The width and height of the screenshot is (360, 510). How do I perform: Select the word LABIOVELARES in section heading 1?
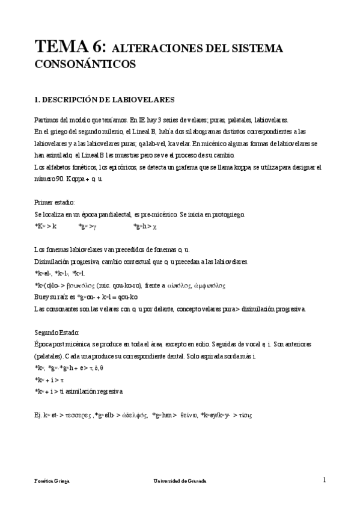[144, 99]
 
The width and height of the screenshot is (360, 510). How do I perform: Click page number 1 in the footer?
[325, 480]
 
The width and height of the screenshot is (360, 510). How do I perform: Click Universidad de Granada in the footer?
[180, 481]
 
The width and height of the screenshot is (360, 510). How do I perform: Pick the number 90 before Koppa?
[59, 179]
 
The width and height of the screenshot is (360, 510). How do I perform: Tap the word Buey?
[42, 297]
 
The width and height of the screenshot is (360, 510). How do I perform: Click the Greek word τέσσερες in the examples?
[79, 415]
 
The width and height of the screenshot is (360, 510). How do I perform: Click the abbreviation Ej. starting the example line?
[38, 415]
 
